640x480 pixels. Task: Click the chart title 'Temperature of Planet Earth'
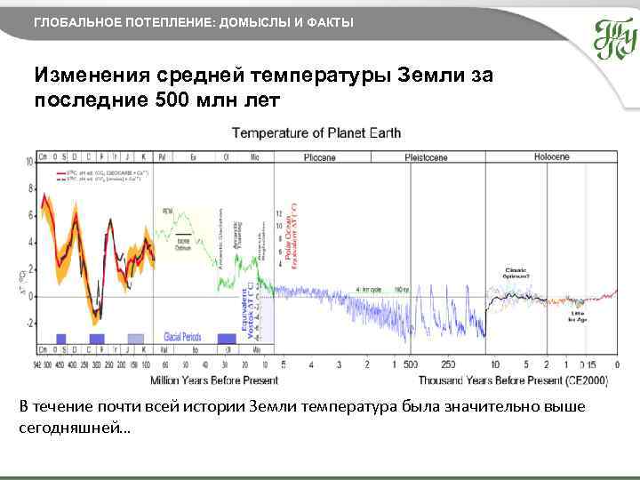316,133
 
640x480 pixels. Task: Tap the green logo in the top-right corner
614,38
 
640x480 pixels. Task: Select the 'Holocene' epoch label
551,156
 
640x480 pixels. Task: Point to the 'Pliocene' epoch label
318,156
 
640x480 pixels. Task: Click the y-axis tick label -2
28,324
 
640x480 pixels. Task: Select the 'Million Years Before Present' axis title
213,380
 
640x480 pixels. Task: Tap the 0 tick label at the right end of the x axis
616,364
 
